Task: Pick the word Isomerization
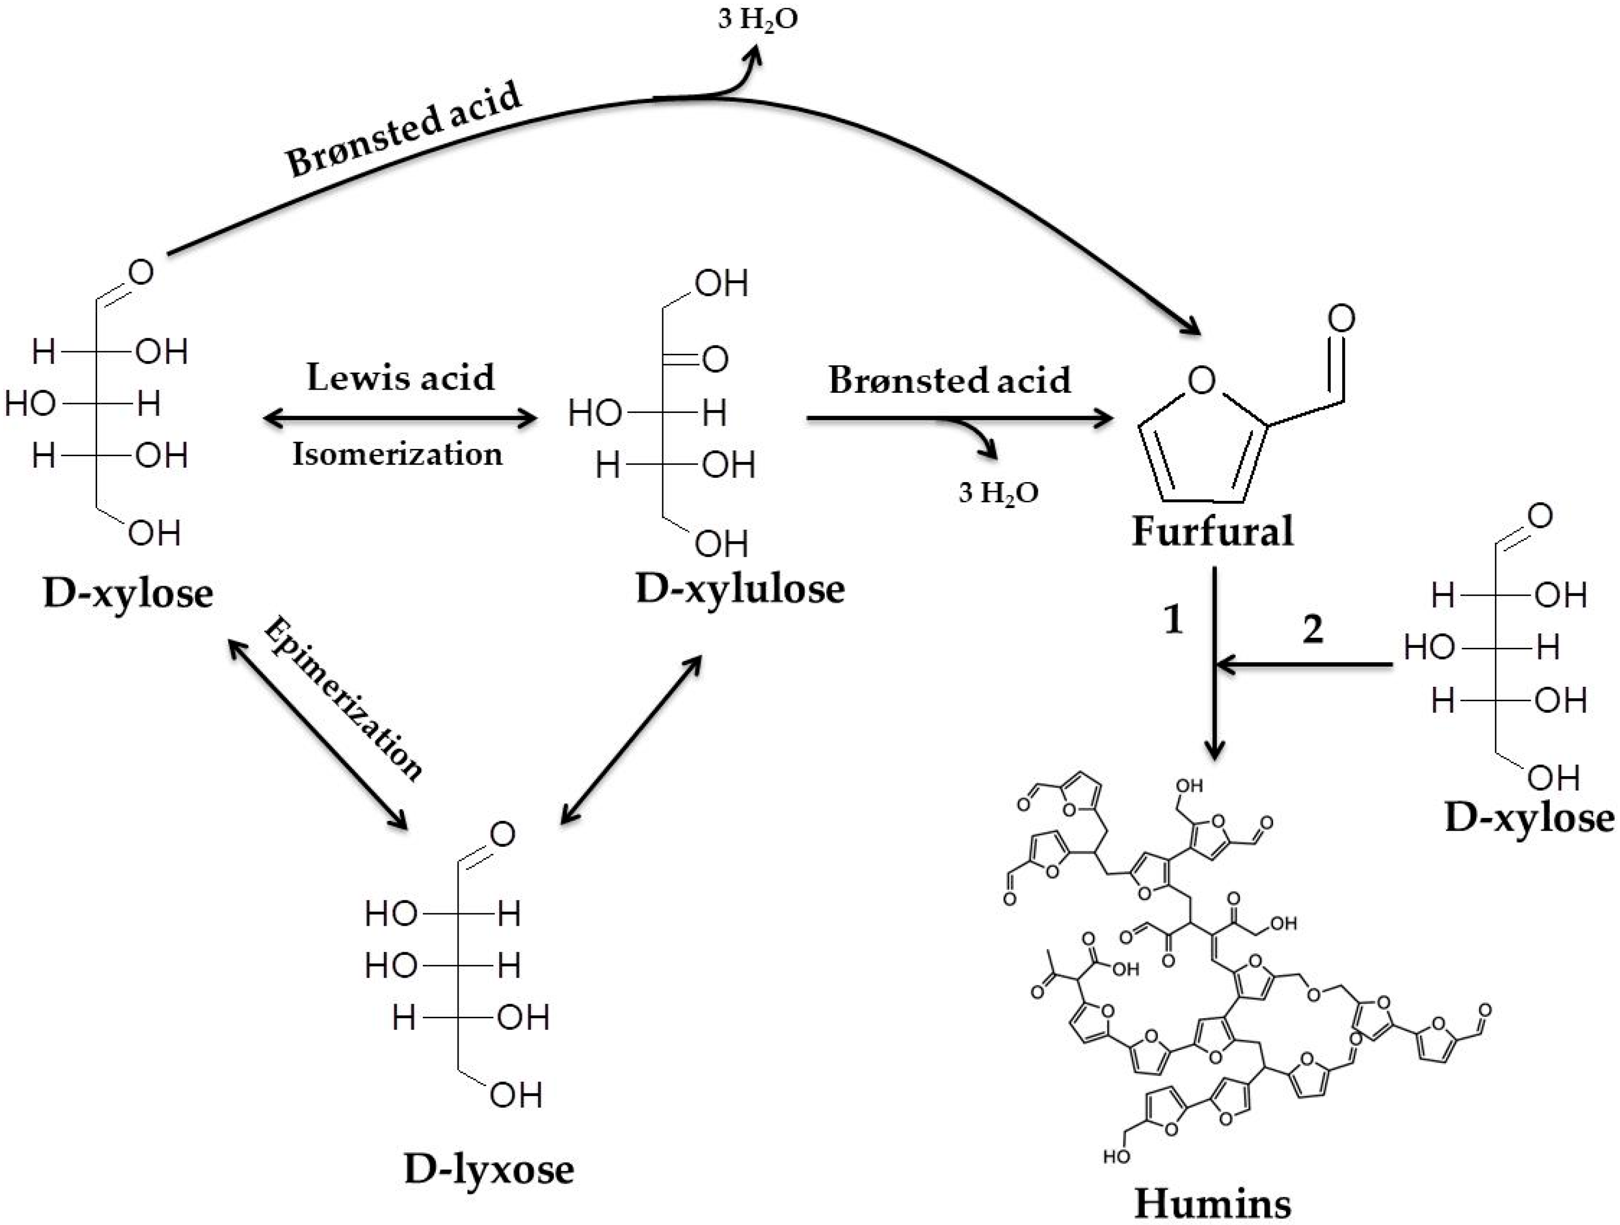coord(398,454)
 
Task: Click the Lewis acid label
coord(400,377)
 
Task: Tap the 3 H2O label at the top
coord(757,20)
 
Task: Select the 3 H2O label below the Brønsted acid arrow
coord(998,493)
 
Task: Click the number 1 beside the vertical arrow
coord(1173,619)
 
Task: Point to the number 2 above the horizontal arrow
coord(1313,629)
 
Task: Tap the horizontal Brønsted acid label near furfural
coord(949,380)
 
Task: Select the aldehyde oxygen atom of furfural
coord(1342,318)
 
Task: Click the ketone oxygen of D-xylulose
coord(715,359)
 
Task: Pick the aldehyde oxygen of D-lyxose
coord(502,834)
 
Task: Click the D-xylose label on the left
coord(128,593)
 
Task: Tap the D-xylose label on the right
coord(1529,818)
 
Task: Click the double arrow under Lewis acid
coord(400,418)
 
